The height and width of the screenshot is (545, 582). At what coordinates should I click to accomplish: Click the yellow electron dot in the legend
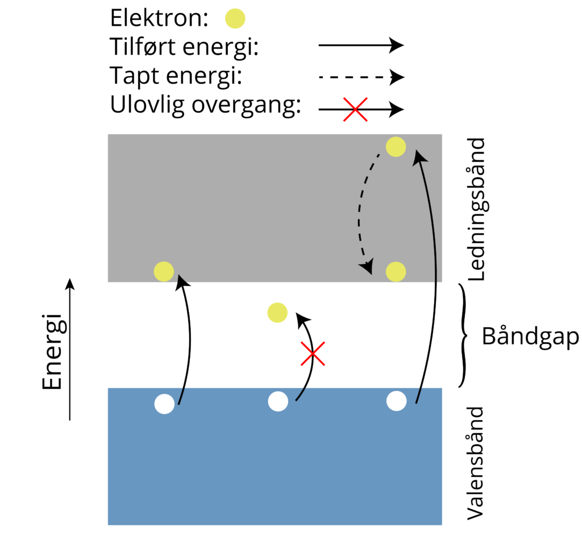click(x=235, y=19)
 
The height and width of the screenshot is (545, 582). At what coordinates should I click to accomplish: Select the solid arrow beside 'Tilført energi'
click(x=360, y=45)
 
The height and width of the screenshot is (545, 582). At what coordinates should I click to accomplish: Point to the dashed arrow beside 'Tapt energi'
click(x=360, y=77)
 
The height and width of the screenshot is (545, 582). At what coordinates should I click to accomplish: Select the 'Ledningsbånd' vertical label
click(x=476, y=209)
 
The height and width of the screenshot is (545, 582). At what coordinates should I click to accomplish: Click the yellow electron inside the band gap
click(x=277, y=313)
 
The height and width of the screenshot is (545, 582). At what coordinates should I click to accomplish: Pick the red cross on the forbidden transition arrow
click(x=313, y=353)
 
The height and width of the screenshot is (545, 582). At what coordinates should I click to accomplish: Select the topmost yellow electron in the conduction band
click(x=396, y=147)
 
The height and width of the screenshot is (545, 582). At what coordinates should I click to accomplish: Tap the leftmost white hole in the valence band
click(x=164, y=403)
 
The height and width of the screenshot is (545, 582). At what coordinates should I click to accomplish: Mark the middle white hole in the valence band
click(x=278, y=401)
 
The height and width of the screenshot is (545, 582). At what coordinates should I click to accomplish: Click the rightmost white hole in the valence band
click(x=396, y=401)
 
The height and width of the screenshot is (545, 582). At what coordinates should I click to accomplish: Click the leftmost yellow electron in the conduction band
click(x=164, y=271)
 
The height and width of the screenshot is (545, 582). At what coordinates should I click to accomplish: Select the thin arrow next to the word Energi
click(x=69, y=350)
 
